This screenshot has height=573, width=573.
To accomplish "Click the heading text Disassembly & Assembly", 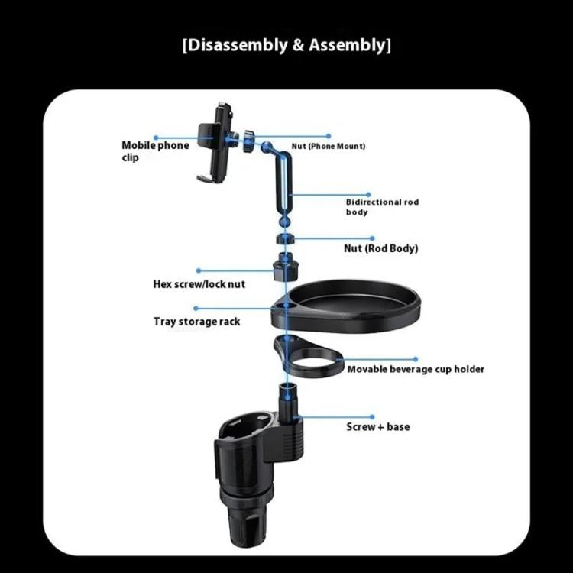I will point(286,45).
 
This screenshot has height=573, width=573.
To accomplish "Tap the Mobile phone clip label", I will point(155,151).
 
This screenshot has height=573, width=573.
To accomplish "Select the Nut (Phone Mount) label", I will point(329,146).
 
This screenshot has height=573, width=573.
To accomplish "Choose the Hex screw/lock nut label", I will point(199,284).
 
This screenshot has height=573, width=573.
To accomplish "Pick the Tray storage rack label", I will point(197,322).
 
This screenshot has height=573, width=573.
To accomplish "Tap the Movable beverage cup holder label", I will point(416,369).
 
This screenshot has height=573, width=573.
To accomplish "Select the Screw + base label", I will point(377,426).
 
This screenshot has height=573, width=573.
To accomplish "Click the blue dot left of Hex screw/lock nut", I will point(199,270).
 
